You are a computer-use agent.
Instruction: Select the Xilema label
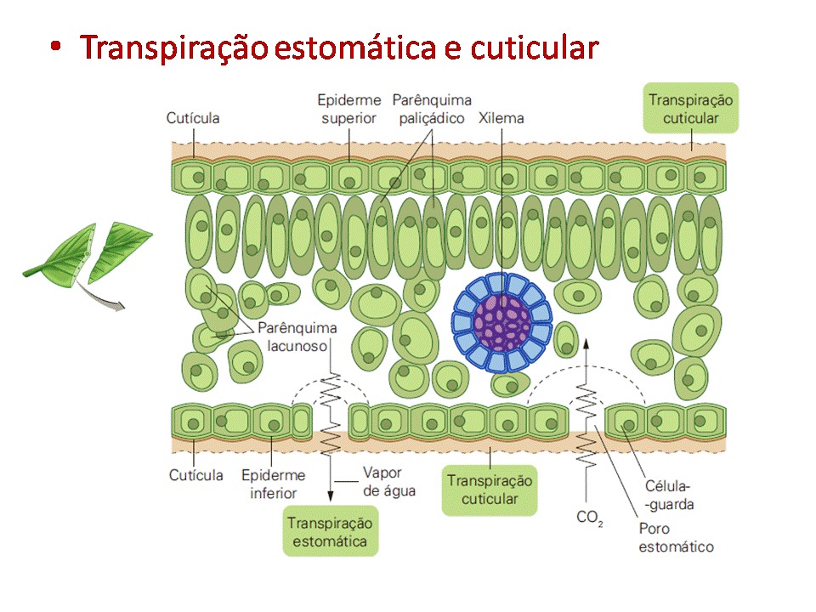(501, 118)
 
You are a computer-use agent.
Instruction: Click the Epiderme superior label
(348, 110)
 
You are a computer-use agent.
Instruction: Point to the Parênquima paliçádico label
(432, 110)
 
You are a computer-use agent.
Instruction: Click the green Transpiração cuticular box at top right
(690, 109)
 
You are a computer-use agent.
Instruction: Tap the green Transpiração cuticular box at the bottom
(490, 490)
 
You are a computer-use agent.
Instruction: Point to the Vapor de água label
(388, 482)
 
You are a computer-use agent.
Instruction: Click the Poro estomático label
(677, 537)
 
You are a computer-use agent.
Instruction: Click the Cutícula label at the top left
(193, 118)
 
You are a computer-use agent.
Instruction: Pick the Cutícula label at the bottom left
(196, 475)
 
